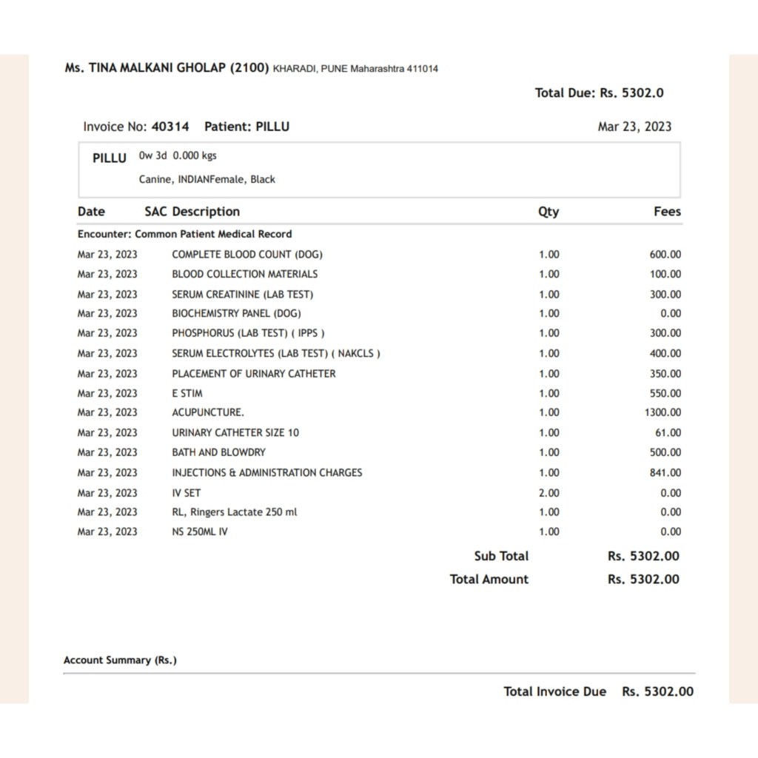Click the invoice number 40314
(x=170, y=127)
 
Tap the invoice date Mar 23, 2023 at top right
(x=634, y=127)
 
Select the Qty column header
(x=549, y=212)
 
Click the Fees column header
(x=667, y=212)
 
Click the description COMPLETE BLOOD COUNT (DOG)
(x=247, y=255)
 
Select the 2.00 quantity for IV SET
(x=549, y=492)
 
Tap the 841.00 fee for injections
(x=665, y=472)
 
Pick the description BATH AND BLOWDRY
(x=218, y=452)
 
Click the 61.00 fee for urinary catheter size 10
(x=668, y=432)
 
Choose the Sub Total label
(x=501, y=556)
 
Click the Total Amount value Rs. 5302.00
(x=643, y=580)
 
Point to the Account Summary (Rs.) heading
(x=120, y=660)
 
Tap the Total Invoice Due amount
(x=658, y=691)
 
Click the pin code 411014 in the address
(x=423, y=69)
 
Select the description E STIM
(x=187, y=393)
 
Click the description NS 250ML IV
(x=200, y=531)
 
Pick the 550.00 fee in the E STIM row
(x=665, y=393)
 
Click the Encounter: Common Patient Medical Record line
(x=184, y=234)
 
